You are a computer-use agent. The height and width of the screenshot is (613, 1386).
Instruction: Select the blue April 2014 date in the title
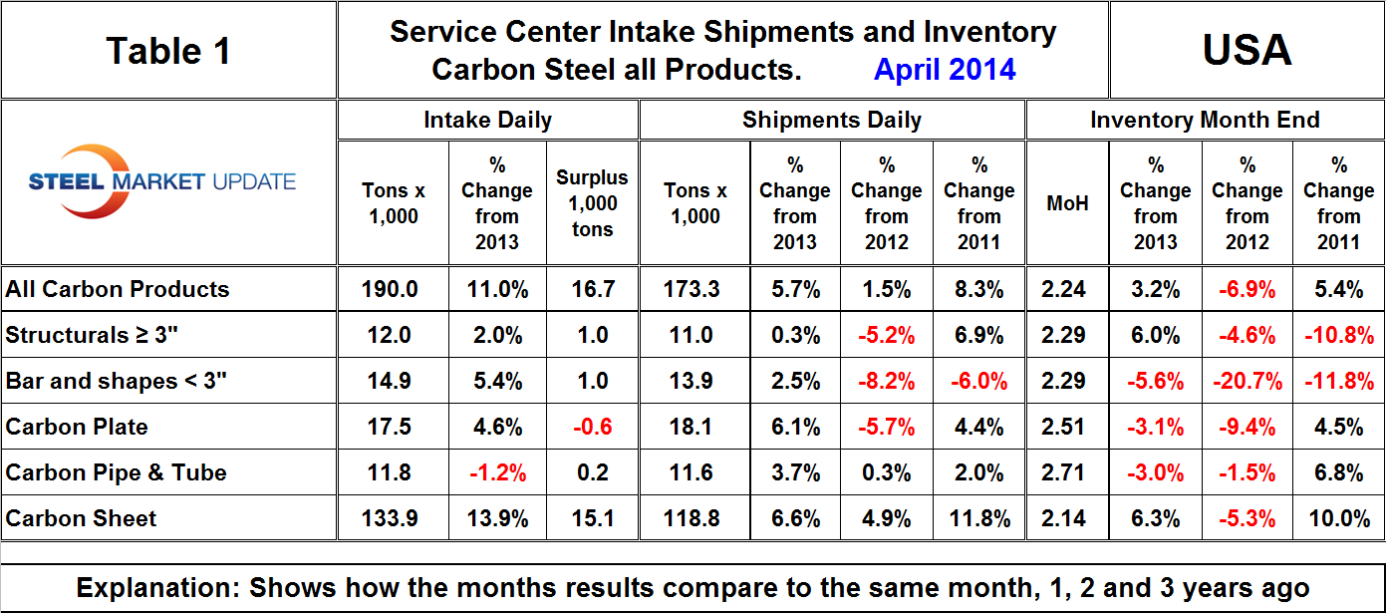point(945,69)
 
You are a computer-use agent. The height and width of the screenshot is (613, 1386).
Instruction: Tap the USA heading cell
point(1247,50)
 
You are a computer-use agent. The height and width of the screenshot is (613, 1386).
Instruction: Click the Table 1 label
point(168,50)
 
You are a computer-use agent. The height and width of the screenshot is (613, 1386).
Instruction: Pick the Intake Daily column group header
point(487,121)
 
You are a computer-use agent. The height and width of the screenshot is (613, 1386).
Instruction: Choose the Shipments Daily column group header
point(831,121)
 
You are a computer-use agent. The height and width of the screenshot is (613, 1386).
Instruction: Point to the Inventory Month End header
point(1205,121)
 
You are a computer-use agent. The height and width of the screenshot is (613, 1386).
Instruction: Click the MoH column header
point(1067,203)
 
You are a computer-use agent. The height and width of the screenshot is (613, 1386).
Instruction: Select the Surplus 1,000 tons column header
point(592,203)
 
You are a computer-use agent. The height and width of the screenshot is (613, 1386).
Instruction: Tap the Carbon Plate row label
point(77,427)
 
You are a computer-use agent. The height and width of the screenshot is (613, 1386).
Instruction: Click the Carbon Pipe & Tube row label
point(116,472)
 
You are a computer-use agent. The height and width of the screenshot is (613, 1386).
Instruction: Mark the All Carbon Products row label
point(118,289)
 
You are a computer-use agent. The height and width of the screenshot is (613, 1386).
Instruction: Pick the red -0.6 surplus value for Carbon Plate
point(592,427)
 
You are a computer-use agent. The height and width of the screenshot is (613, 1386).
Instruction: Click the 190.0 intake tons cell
point(394,289)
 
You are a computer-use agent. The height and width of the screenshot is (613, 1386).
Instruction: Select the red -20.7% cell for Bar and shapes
point(1247,381)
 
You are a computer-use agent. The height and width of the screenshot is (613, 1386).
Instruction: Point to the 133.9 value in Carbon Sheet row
point(394,518)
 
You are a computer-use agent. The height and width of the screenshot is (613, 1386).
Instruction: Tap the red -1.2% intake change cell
point(496,472)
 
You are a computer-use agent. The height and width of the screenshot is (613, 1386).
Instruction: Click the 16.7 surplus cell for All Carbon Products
point(592,289)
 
